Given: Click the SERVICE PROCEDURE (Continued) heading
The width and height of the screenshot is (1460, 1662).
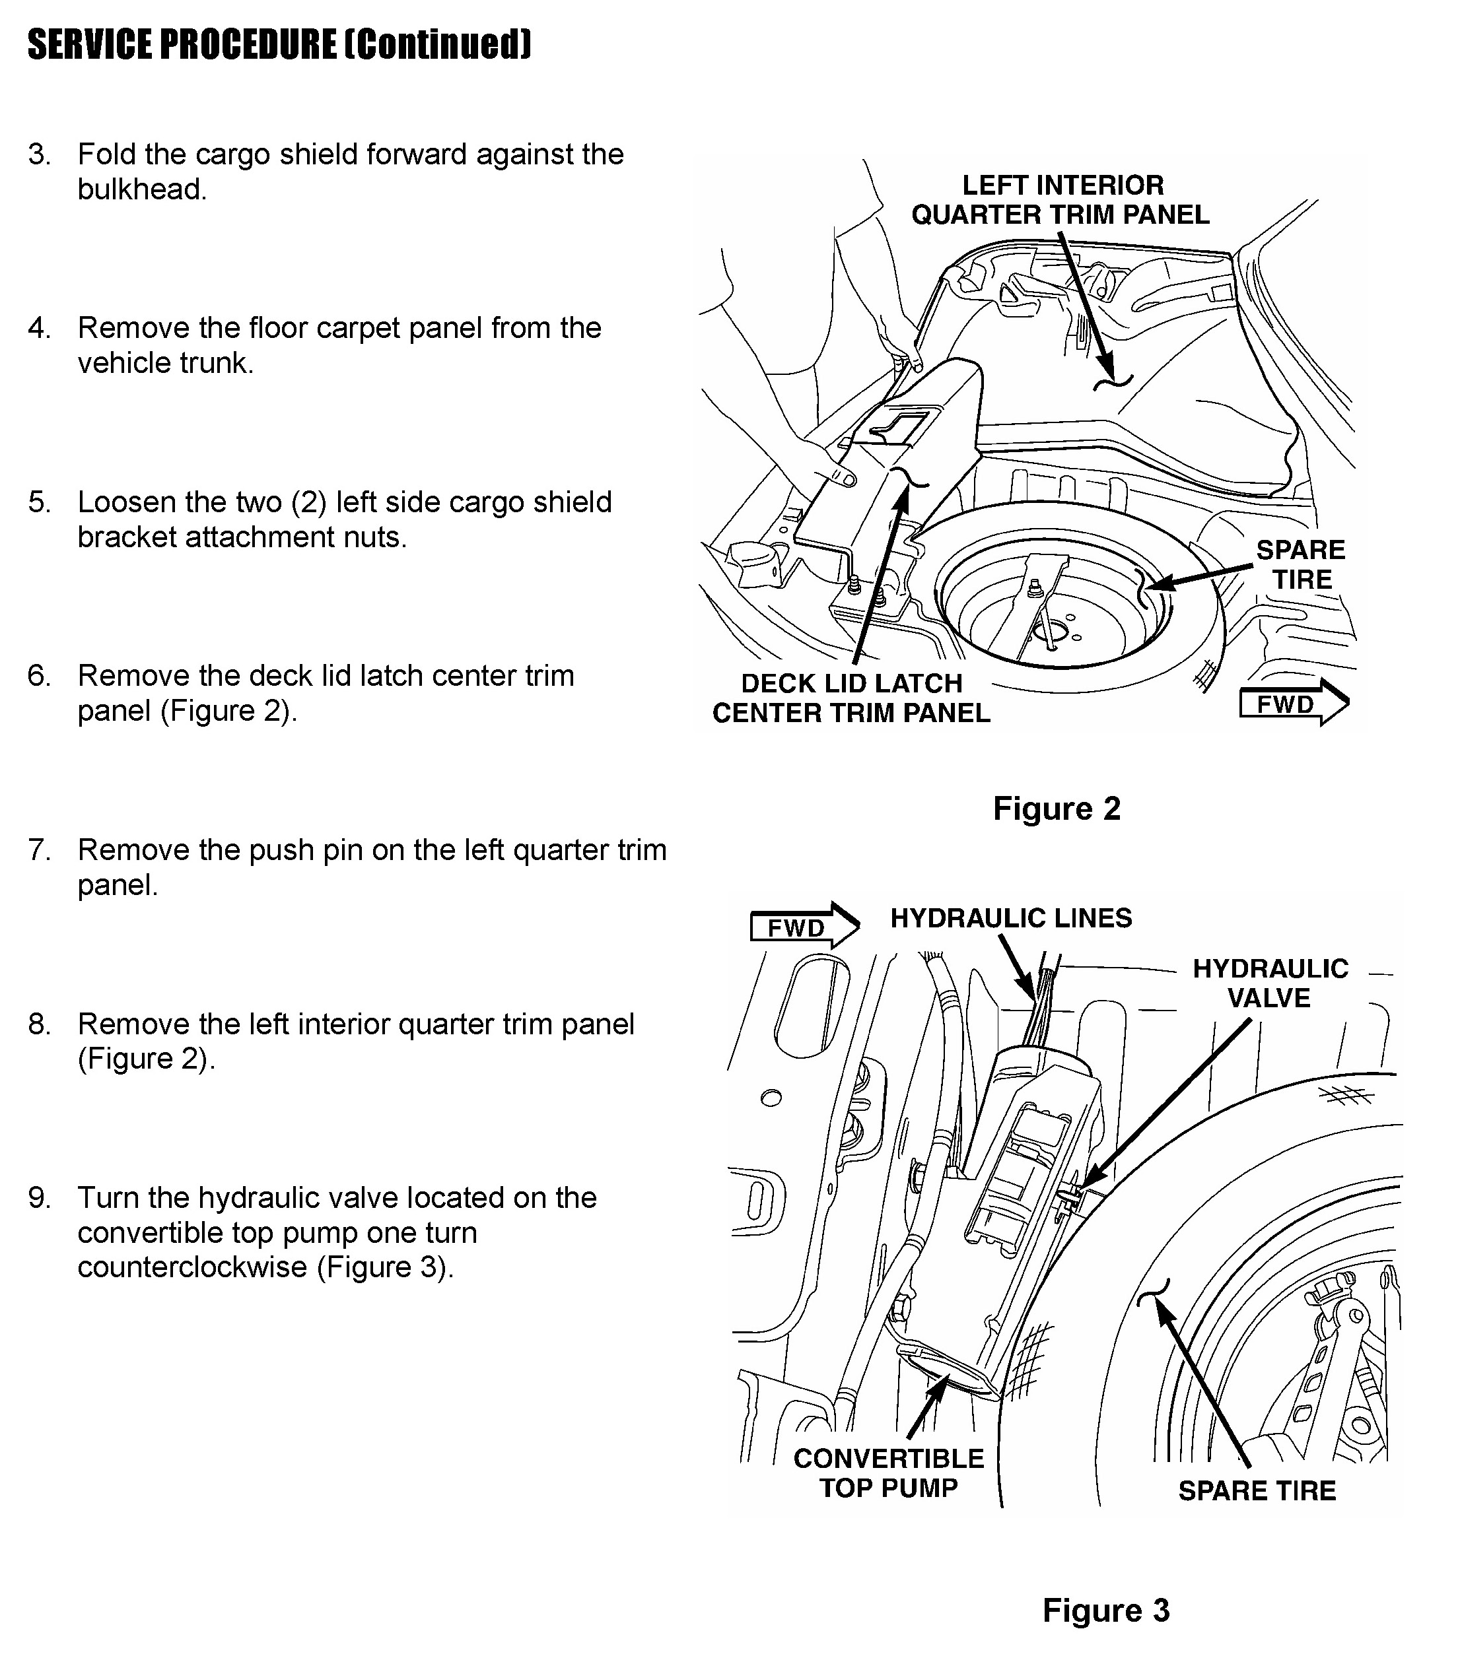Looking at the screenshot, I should (279, 44).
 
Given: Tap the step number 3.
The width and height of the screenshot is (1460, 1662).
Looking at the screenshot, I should (38, 154).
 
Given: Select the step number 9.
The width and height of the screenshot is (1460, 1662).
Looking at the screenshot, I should (38, 1198).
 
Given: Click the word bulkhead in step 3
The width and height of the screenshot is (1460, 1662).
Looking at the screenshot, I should (141, 189).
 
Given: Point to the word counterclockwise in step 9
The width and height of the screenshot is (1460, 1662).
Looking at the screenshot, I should (192, 1267).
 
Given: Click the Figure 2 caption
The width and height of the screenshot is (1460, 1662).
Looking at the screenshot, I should (1057, 809).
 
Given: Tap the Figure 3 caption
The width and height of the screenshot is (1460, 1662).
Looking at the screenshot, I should (1105, 1610).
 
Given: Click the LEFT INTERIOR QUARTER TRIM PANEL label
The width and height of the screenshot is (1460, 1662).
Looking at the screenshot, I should (1060, 200).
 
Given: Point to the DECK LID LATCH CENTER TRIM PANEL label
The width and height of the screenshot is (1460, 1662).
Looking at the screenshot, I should (851, 698).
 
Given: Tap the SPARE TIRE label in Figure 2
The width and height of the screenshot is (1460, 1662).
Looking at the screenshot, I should (1302, 564).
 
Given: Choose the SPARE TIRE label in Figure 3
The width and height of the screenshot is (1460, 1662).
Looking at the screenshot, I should (1257, 1490).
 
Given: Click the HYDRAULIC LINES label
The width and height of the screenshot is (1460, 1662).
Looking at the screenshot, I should (1011, 918).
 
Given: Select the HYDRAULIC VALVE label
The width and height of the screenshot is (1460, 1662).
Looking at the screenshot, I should (1270, 983).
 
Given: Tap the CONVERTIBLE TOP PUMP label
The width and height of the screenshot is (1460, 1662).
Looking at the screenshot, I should (888, 1473).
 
